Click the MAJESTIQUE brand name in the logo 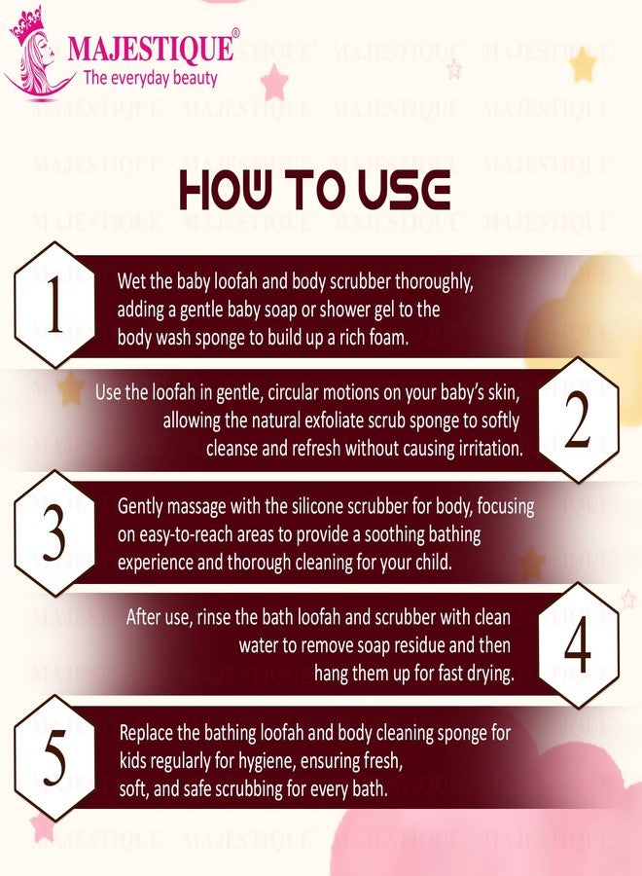coord(150,48)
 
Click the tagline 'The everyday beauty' coord(150,77)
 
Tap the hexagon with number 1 coord(54,305)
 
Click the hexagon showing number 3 coord(54,533)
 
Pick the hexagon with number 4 coord(577,645)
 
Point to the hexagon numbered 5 coord(54,758)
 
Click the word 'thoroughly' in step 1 coord(434,282)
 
